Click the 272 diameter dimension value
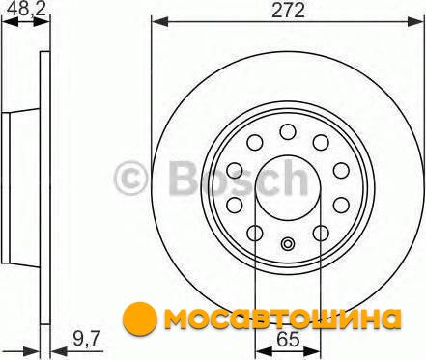point(288,11)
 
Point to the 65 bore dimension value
point(288,340)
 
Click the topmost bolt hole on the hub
point(288,131)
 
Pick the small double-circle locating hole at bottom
point(288,243)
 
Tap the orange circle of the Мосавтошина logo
point(140,318)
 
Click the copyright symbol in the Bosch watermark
point(131,178)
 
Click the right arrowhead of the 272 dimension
point(416,22)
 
